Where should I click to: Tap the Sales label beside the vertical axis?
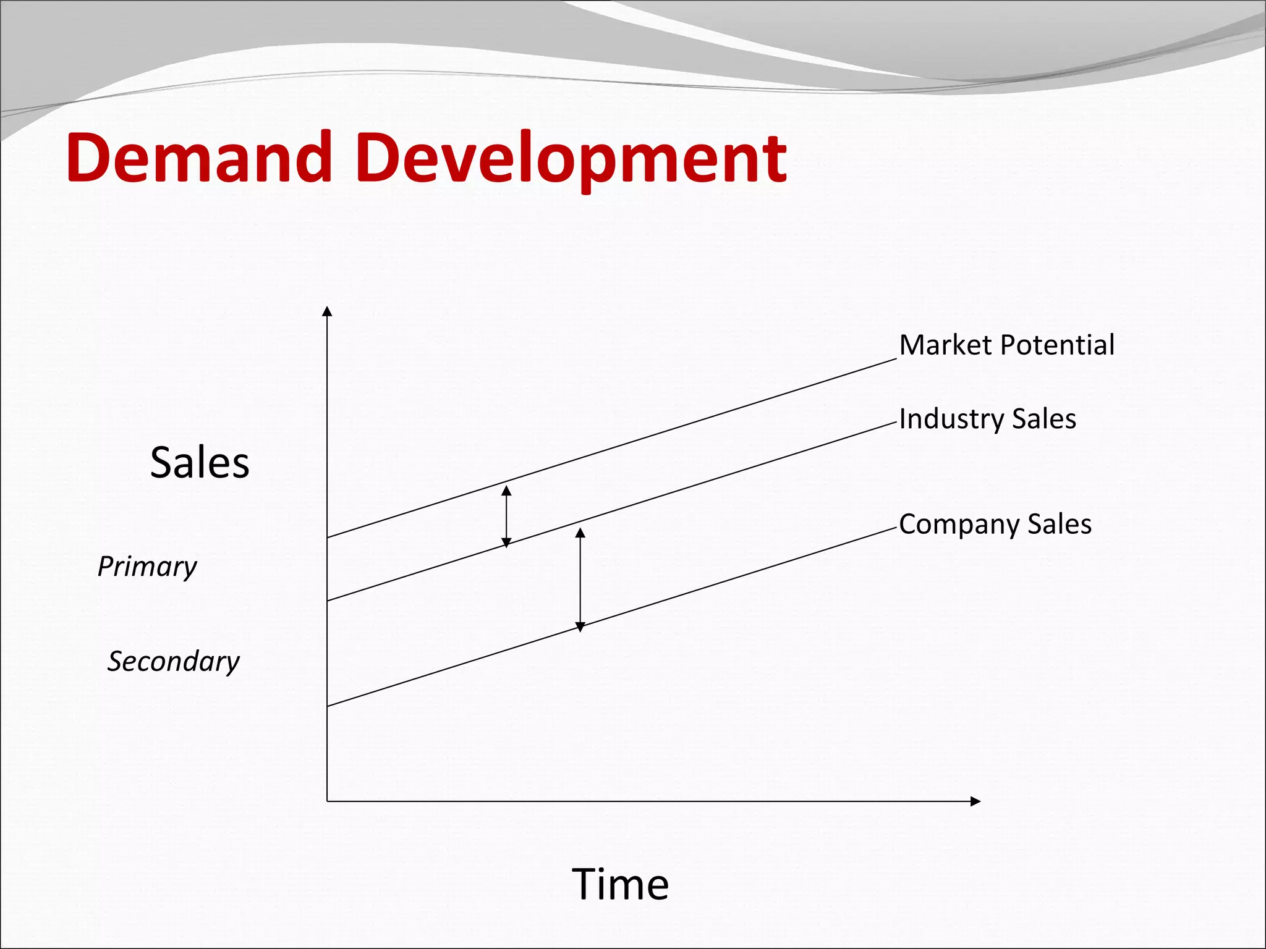click(x=200, y=462)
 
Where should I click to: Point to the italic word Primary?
click(x=147, y=567)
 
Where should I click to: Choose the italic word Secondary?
click(x=174, y=661)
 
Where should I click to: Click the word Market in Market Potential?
click(x=945, y=345)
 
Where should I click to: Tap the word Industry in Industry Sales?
click(x=952, y=419)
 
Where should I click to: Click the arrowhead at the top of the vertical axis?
click(x=328, y=311)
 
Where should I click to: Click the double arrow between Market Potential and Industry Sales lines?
click(x=506, y=517)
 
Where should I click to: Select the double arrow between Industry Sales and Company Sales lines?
click(x=580, y=580)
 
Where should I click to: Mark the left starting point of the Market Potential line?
click(x=328, y=537)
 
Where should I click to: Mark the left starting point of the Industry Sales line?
click(x=328, y=600)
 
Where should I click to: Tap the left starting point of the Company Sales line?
click(x=328, y=705)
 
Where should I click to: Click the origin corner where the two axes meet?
click(x=328, y=801)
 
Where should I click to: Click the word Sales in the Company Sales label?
click(x=1060, y=524)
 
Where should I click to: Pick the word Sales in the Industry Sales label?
click(x=1044, y=419)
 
